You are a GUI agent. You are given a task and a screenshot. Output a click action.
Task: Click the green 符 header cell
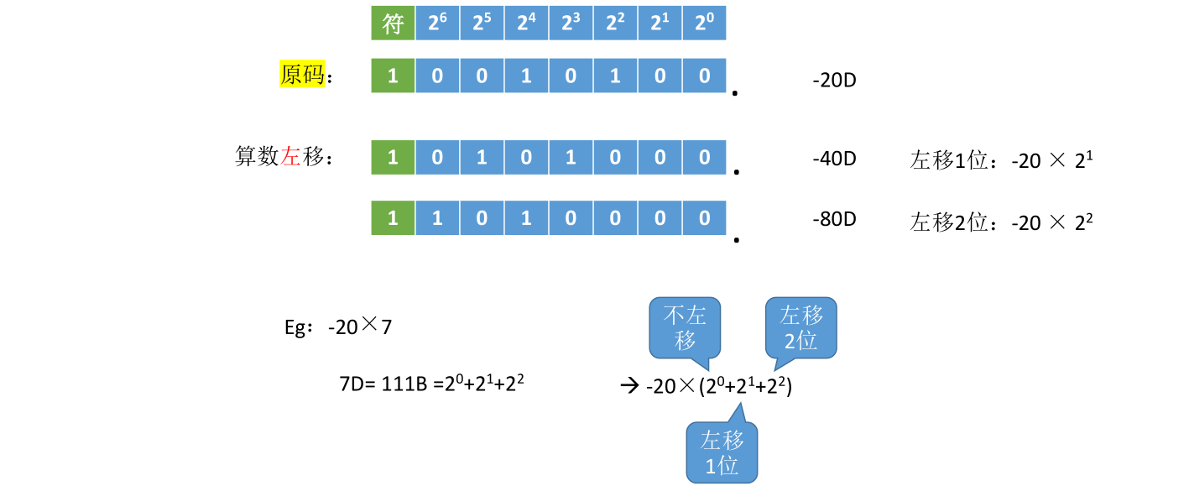tap(393, 24)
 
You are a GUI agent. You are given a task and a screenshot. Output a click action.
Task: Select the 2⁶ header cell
tap(437, 24)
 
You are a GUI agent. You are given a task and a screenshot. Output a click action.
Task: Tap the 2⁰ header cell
tap(703, 24)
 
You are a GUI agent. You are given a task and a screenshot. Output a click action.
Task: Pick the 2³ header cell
tap(571, 24)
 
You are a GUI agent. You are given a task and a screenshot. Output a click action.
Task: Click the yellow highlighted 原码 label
tap(302, 76)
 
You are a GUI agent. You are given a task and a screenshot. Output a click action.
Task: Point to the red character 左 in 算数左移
tap(291, 157)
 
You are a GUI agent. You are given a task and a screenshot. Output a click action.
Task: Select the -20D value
tap(834, 81)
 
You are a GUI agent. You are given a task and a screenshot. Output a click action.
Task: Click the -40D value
tap(834, 158)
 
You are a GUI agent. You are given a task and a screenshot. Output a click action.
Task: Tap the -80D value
tap(834, 220)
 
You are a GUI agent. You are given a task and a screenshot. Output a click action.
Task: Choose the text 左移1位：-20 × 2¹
tap(1001, 159)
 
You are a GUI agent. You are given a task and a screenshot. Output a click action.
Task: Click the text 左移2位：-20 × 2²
tap(1001, 222)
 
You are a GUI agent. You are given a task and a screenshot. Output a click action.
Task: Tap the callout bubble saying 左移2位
tap(801, 327)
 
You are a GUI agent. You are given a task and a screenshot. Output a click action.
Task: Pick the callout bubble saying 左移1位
tap(722, 452)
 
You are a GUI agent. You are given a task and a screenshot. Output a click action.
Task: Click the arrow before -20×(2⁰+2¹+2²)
tap(629, 386)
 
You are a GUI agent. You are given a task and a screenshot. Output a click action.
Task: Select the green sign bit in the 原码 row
tap(393, 76)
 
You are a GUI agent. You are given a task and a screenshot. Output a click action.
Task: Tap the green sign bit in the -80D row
tap(393, 219)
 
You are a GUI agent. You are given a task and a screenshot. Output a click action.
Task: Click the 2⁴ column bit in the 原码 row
tap(526, 76)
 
